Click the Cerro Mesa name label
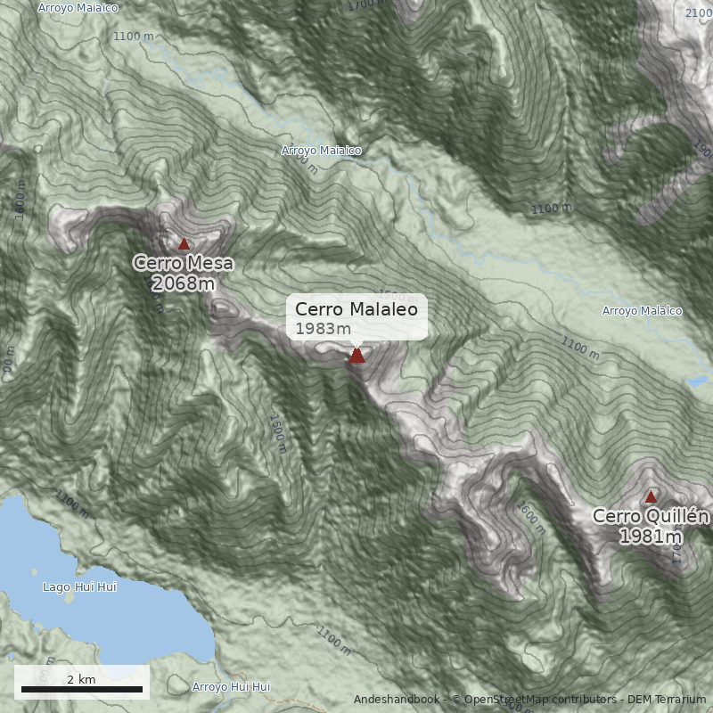184,264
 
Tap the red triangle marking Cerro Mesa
184,243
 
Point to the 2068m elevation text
184,284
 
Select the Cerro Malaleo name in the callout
356,309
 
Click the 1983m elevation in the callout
324,329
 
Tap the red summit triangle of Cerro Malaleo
356,356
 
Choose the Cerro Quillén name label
651,517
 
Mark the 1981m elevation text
651,537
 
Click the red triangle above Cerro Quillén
651,496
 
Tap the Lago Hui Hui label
79,587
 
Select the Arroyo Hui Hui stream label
231,687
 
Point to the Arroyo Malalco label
642,311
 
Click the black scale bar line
81,690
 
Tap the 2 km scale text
81,679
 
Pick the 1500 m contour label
277,432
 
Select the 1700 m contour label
369,5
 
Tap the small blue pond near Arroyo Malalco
698,381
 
